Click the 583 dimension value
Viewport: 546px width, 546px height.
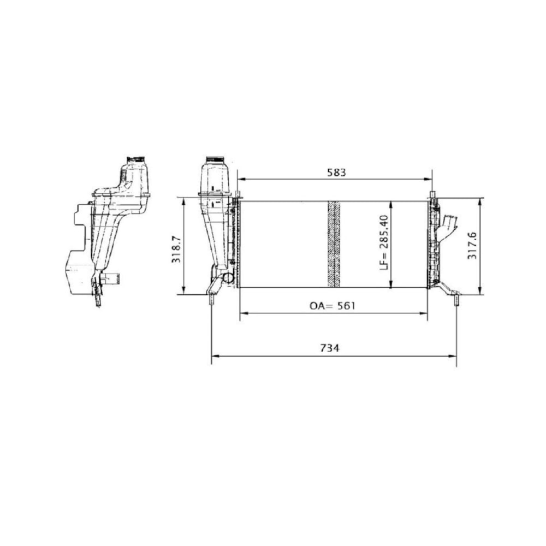[x=337, y=173]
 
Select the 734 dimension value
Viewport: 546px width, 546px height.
[x=329, y=347]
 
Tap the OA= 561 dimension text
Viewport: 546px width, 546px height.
[x=333, y=306]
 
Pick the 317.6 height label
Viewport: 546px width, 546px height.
[x=472, y=246]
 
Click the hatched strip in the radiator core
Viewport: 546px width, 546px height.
[x=334, y=244]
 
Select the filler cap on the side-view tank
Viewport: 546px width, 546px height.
[x=137, y=159]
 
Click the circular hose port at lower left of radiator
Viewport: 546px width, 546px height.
[x=228, y=278]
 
